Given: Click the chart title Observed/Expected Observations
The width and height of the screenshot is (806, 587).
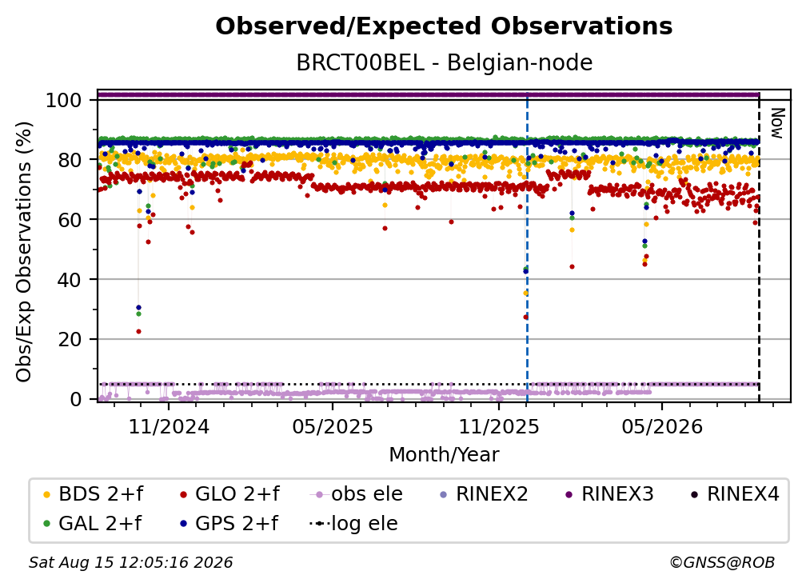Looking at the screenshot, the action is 444,26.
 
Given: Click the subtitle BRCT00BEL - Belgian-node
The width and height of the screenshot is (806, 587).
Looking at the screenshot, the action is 444,62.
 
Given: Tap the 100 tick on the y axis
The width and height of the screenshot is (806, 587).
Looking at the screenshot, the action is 64,100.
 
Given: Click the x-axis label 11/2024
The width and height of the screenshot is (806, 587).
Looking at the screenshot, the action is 169,426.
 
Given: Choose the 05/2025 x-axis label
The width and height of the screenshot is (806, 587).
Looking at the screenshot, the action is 333,426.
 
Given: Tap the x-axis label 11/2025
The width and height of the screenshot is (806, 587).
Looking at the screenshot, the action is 499,426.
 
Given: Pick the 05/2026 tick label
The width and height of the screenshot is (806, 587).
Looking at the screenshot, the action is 662,426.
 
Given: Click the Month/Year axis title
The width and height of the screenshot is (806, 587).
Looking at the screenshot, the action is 444,454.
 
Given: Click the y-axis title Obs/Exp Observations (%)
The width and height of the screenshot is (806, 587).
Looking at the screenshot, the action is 24,252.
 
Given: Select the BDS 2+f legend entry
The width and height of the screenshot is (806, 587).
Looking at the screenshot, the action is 93,494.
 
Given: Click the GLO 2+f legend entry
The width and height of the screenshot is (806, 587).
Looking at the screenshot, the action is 229,494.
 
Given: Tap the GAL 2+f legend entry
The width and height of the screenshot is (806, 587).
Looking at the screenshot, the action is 92,523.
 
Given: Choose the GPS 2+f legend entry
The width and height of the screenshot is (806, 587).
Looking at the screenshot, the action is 229,523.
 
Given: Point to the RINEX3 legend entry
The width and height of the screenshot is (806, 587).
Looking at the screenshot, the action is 609,494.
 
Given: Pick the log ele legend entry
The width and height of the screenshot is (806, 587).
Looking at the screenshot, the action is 353,523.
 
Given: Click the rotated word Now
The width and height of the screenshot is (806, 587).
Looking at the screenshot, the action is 776,123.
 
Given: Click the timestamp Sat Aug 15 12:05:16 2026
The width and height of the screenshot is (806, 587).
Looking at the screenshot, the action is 130,562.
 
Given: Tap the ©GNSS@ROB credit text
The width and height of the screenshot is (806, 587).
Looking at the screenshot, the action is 722,562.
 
